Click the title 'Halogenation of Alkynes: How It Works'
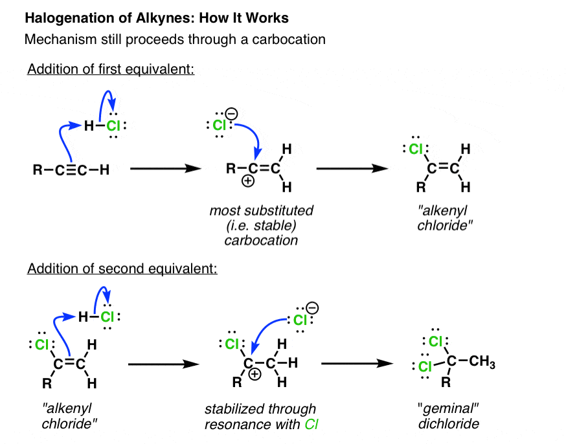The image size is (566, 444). coord(157,18)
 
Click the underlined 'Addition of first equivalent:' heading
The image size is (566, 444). coord(111,69)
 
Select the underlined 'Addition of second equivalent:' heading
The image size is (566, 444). coord(122,269)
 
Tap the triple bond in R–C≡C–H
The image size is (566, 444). coord(71,170)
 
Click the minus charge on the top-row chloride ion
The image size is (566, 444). coord(231,114)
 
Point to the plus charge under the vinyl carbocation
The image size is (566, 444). coord(248,181)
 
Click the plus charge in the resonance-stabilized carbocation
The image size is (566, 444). coord(255,374)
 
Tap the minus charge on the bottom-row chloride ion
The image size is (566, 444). coord(312,308)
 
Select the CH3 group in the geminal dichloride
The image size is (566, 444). coord(482,361)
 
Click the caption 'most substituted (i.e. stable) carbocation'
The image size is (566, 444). coord(261,225)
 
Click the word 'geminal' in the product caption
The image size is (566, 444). coord(448,408)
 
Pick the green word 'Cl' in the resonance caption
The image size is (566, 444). coord(311,424)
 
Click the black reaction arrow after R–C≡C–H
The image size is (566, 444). coord(166,168)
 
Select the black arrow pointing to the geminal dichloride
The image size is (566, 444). coord(357,363)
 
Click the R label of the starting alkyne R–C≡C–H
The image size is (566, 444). coord(38,170)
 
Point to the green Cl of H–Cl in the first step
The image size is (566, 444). coord(113,126)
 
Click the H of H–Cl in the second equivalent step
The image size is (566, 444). coord(83,317)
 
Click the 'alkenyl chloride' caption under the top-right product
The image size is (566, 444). coord(445,218)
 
